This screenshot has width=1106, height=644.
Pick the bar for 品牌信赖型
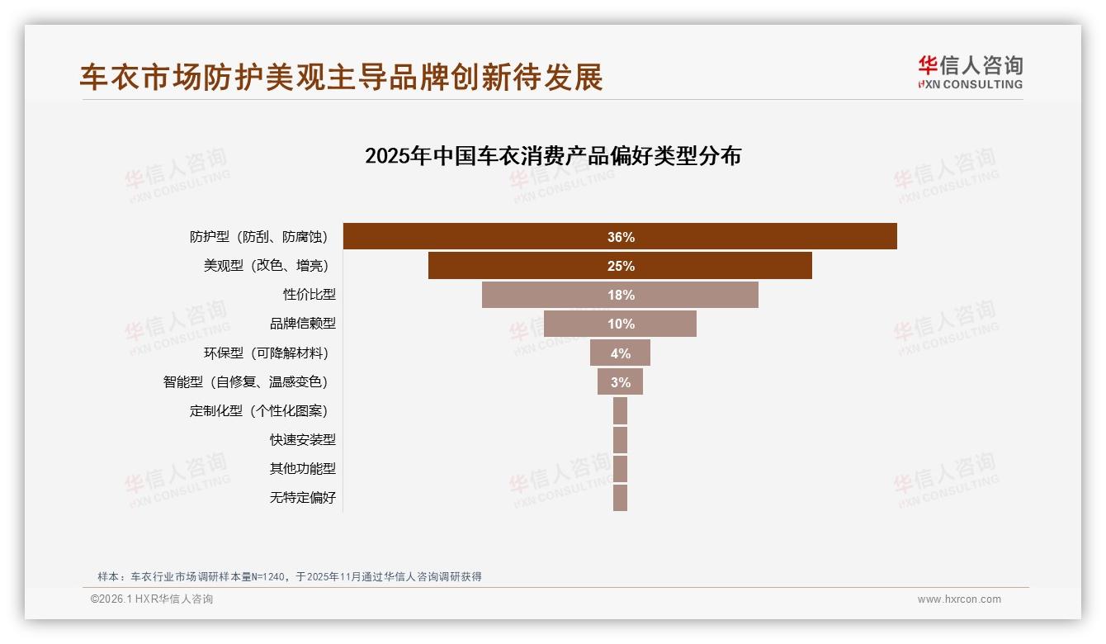click(578, 324)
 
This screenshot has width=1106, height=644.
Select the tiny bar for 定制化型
click(620, 411)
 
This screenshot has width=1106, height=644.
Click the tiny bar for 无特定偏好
click(620, 498)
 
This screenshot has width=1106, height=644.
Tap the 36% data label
click(621, 237)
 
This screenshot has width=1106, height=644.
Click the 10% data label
click(621, 324)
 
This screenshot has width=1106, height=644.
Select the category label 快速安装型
click(303, 440)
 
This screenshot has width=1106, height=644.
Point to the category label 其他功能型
click(303, 469)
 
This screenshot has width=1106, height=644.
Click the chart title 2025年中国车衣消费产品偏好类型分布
click(553, 156)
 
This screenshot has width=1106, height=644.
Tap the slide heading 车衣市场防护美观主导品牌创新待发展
click(342, 77)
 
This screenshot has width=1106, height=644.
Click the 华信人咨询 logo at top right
click(970, 73)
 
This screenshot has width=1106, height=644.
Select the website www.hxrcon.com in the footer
click(959, 599)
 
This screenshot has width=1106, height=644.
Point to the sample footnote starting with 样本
click(289, 577)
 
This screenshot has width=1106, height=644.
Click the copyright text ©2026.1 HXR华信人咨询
click(152, 599)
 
